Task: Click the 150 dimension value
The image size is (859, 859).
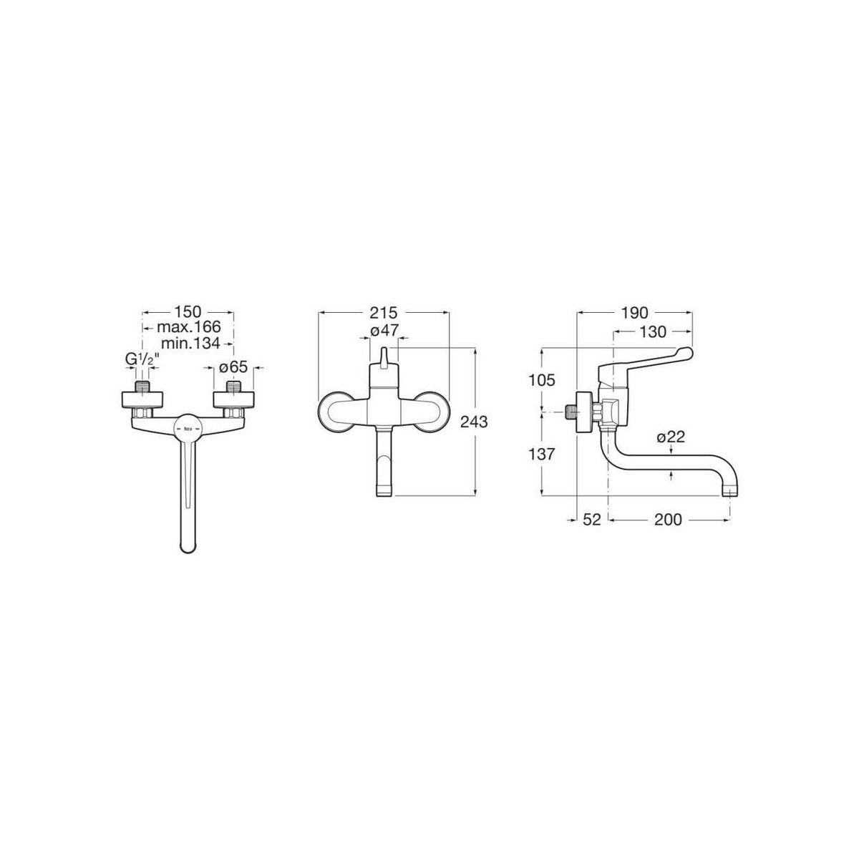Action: coord(188,312)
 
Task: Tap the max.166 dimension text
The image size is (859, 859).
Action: coord(188,327)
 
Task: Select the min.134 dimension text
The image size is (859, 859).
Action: coord(191,343)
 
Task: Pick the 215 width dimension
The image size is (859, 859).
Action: coord(384,313)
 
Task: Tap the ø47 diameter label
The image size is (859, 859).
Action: coord(384,331)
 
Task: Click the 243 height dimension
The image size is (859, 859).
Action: coord(474,422)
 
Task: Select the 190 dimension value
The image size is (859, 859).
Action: coord(635,313)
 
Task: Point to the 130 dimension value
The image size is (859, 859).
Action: coord(653,331)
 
